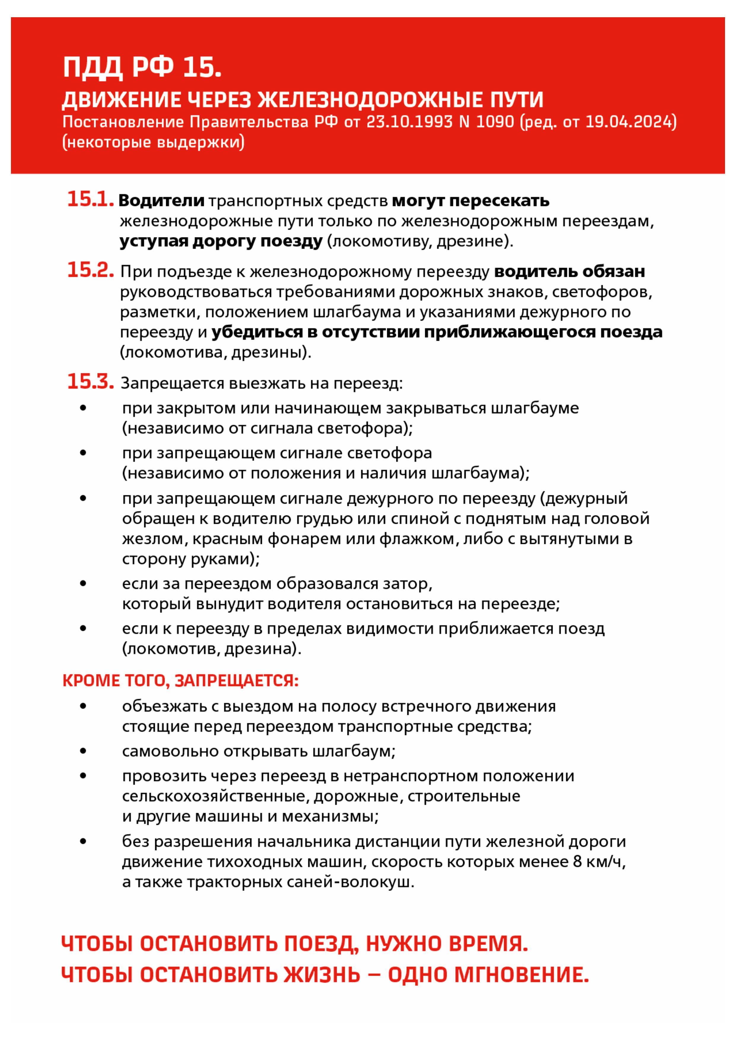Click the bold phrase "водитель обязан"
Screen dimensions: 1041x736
tap(569, 271)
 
